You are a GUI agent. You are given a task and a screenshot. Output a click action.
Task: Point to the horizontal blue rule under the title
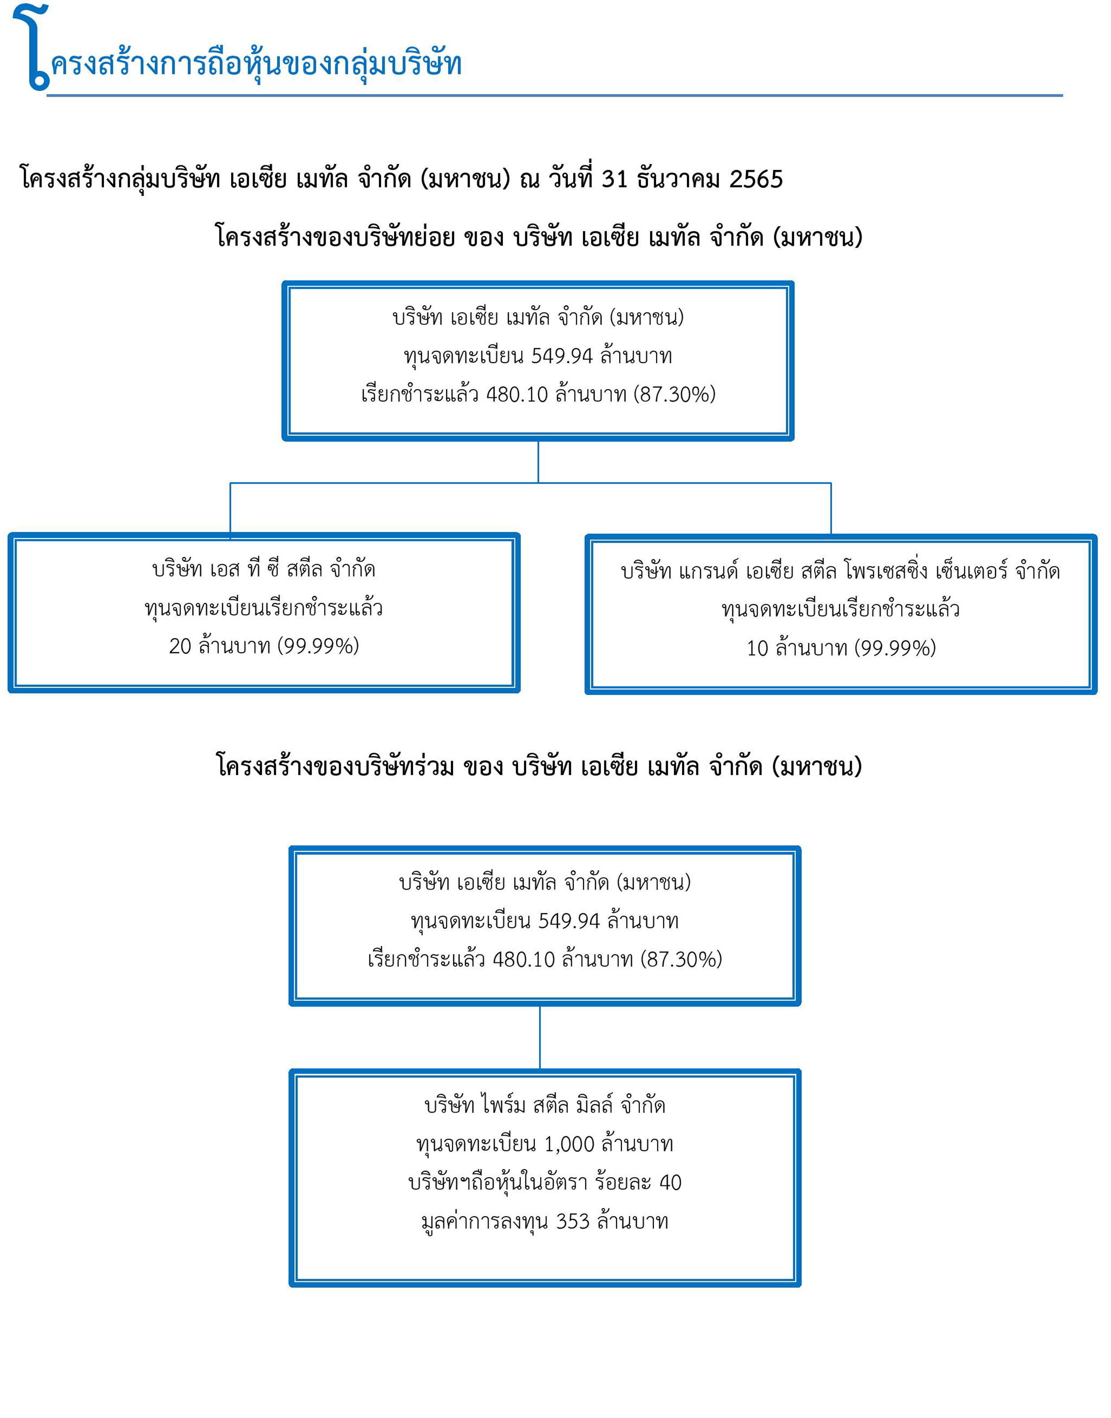[554, 96]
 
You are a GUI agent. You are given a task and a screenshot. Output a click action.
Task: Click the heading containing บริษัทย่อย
[539, 237]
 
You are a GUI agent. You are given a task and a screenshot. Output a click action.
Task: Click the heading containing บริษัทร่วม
[539, 766]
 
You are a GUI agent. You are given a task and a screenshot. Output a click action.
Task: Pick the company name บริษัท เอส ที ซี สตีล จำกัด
[263, 569]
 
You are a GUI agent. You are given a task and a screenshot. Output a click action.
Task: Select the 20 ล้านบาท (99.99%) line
[263, 646]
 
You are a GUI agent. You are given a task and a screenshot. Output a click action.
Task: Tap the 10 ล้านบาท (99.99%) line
[841, 648]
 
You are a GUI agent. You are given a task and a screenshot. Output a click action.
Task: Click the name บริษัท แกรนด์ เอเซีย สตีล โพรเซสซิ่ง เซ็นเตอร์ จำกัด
[841, 570]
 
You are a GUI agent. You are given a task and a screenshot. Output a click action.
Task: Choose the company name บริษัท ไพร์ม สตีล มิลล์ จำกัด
[545, 1105]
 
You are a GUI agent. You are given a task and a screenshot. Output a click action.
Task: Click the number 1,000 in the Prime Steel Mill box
[569, 1144]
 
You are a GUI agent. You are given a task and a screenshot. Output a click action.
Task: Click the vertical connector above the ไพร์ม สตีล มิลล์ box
[540, 1037]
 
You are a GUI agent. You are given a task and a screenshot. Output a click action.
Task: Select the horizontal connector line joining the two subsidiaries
[530, 483]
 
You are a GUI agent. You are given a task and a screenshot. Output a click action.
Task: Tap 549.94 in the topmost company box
[562, 356]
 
